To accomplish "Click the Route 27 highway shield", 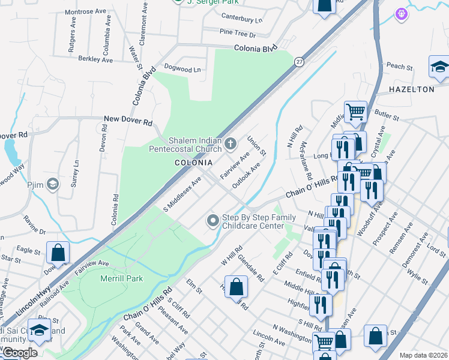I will coord(298,61).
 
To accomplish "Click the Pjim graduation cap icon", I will coord(53,184).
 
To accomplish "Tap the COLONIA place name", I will coord(193,163).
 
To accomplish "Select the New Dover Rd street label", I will coord(128,121).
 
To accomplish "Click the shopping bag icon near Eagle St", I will coord(58,253).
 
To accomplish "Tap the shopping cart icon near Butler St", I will coord(355,111).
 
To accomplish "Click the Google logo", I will coord(20,353).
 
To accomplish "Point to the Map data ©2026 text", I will coord(423,355).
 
